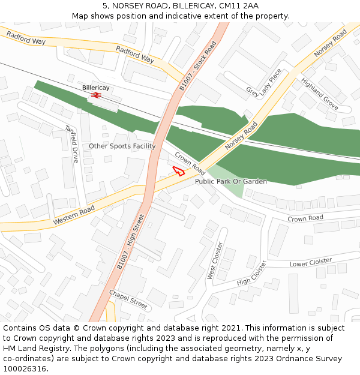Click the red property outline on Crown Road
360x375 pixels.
click(x=178, y=170)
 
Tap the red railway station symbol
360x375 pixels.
click(x=96, y=95)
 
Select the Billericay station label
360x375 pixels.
click(x=96, y=88)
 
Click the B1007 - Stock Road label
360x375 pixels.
click(x=197, y=66)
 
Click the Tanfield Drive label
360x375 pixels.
click(x=72, y=143)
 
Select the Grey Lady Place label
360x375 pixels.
click(x=263, y=83)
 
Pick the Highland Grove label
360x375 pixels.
click(x=319, y=93)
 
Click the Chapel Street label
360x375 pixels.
click(x=128, y=299)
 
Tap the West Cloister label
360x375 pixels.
click(x=215, y=260)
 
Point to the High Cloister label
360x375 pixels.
click(x=251, y=274)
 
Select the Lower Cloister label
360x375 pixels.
click(x=310, y=262)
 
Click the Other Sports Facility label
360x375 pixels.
click(x=122, y=146)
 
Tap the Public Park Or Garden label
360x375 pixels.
click(x=231, y=181)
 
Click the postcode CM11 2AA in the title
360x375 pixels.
click(x=239, y=5)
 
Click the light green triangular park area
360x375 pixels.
click(x=232, y=182)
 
